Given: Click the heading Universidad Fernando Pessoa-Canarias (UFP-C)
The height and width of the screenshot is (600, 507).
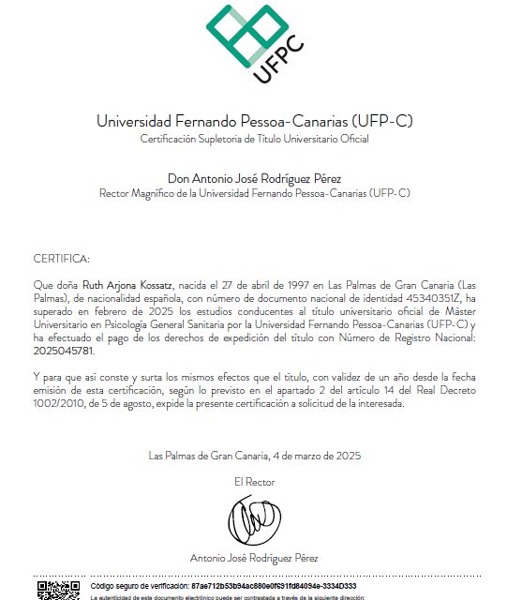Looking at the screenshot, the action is click(254, 122).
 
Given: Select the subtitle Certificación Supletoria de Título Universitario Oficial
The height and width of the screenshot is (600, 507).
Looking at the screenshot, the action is click(254, 139).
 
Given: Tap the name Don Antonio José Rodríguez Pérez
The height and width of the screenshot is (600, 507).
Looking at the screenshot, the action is click(254, 178).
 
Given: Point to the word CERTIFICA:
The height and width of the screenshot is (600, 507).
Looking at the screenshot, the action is click(62, 258).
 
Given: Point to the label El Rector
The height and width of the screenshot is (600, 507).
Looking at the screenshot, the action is click(254, 481).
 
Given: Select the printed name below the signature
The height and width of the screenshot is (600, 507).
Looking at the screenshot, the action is click(254, 558).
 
